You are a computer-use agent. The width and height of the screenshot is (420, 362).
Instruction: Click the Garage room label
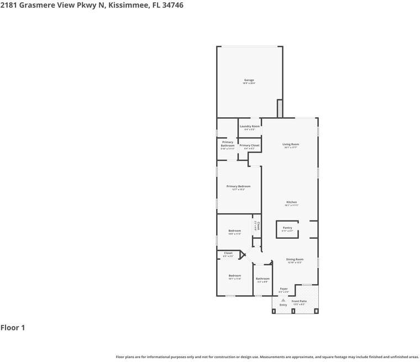tap(249, 80)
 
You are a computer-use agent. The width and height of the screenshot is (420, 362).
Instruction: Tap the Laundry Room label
tap(250, 127)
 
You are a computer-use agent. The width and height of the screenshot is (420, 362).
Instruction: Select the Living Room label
tap(291, 144)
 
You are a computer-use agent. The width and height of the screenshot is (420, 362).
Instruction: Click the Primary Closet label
tap(250, 145)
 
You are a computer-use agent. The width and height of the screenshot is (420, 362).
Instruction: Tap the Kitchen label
tap(291, 202)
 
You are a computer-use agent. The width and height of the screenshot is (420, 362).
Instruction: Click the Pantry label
tap(287, 228)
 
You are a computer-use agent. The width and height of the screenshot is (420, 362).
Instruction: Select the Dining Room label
tap(295, 259)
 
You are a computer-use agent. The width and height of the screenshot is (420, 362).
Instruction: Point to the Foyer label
tap(283, 288)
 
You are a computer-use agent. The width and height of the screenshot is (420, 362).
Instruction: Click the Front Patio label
tap(300, 301)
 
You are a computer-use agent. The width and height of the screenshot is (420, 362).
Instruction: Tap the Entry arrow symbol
tap(283, 300)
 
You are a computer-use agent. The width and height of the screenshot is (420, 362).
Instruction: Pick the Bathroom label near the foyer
tap(262, 279)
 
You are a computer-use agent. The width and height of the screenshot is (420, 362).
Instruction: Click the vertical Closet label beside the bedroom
tap(258, 225)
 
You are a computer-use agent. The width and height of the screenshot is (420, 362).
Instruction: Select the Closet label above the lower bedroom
tap(228, 253)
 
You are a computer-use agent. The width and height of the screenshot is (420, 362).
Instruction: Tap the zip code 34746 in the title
tap(172, 5)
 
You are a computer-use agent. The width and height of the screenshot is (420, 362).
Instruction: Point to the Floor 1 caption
tap(13, 328)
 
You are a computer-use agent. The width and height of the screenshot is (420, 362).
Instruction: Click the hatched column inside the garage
tap(280, 108)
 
